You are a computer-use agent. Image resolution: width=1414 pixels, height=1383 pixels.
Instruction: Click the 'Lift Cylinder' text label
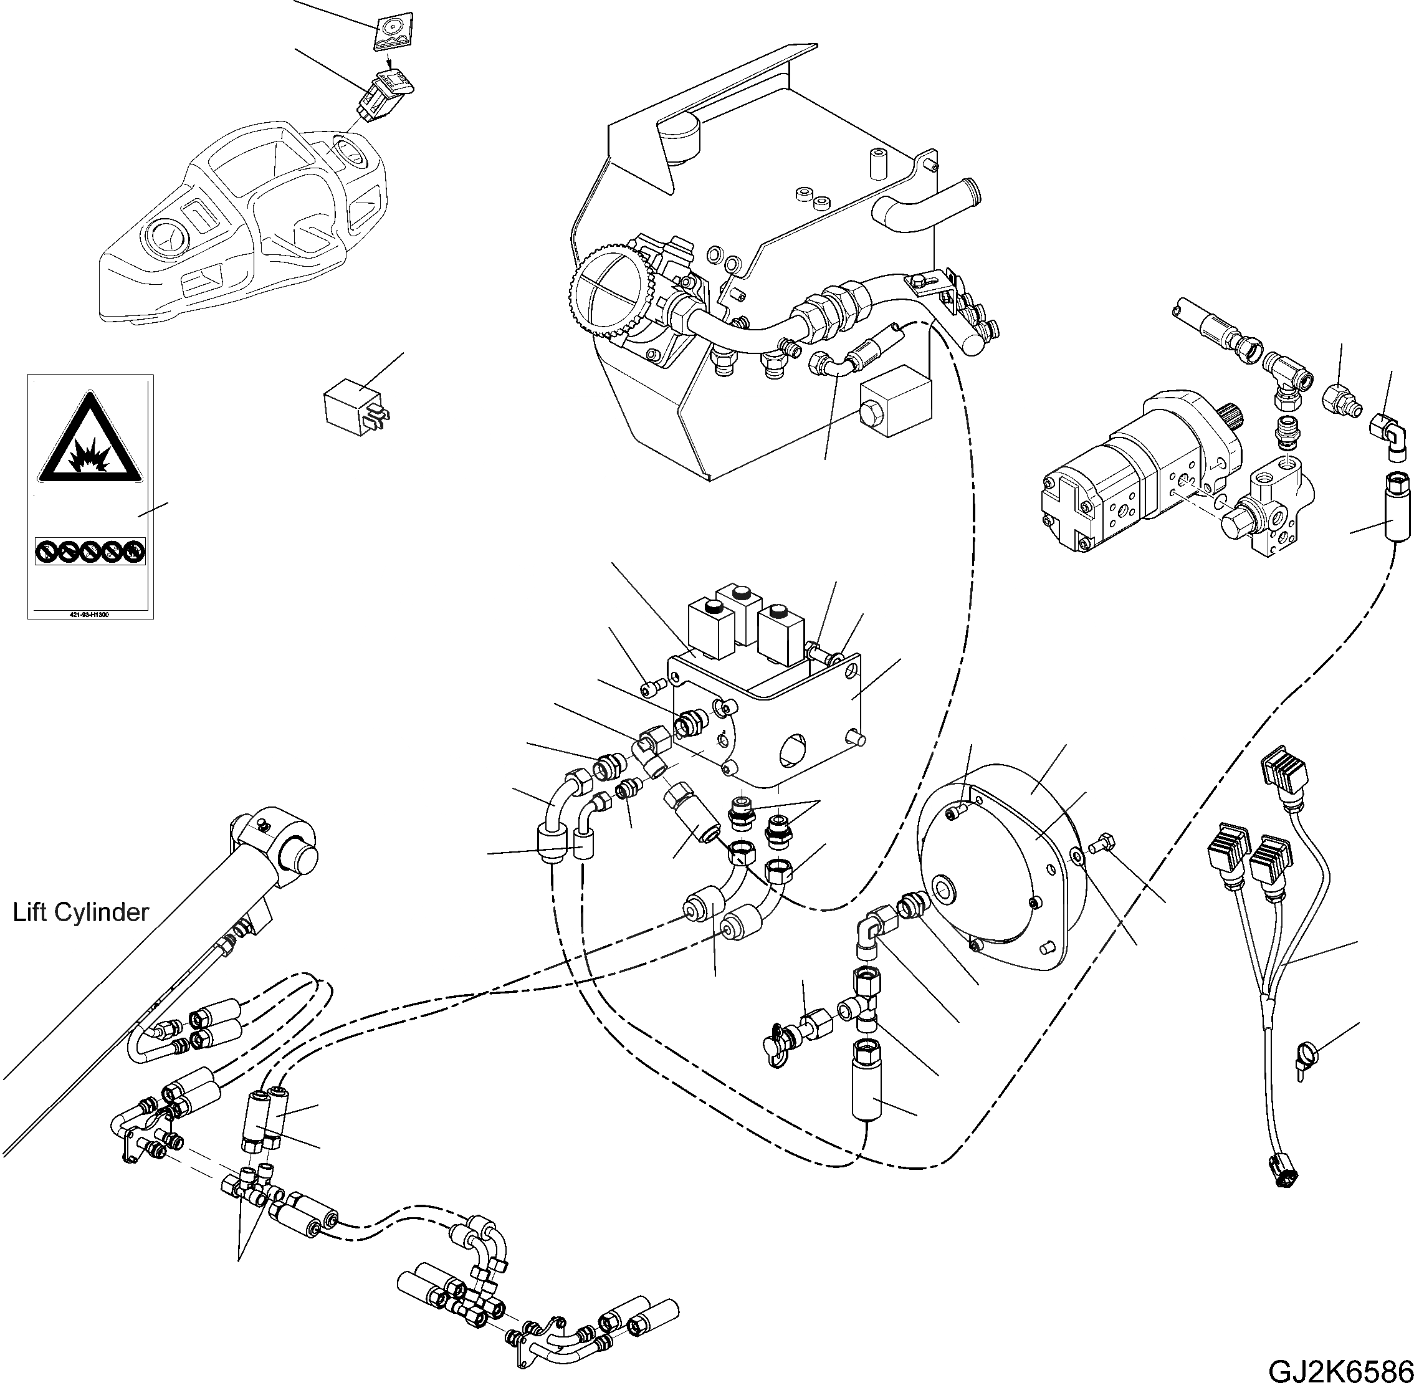tap(80, 913)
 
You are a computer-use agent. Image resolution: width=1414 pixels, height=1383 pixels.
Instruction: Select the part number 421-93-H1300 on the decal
tap(90, 615)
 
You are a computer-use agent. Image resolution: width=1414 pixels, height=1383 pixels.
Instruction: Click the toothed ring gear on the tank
tap(606, 294)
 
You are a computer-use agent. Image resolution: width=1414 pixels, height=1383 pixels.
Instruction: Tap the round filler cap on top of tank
tap(680, 139)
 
